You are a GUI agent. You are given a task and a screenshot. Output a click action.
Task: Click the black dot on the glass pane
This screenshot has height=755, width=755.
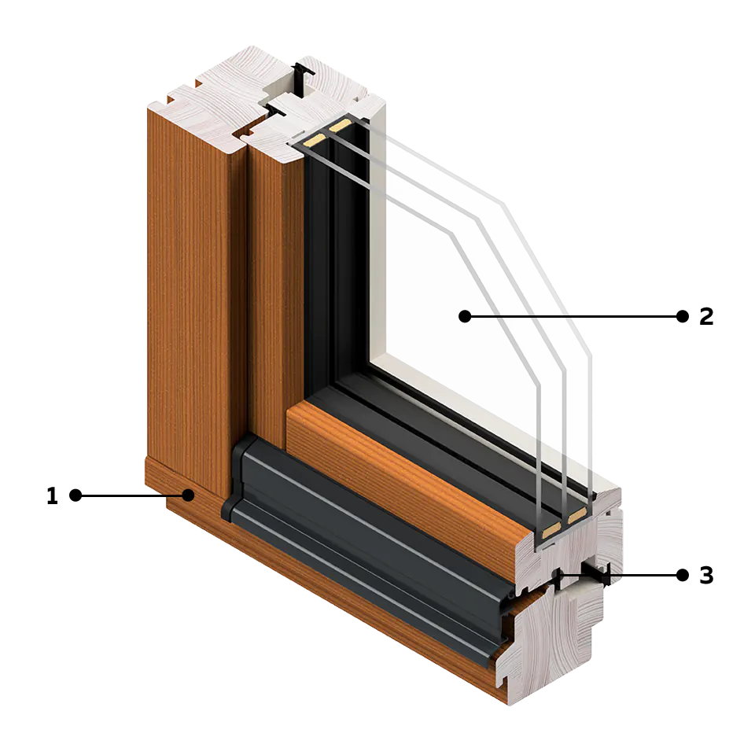(464, 316)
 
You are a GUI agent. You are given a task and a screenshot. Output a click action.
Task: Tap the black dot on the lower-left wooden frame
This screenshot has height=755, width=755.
(188, 495)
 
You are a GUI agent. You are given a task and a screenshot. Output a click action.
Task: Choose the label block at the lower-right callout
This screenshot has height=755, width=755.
(697, 575)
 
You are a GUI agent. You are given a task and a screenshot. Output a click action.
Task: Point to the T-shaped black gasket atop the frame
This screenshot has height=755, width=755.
(303, 77)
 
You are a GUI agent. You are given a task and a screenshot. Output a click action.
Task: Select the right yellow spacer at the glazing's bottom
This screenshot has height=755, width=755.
(576, 514)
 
